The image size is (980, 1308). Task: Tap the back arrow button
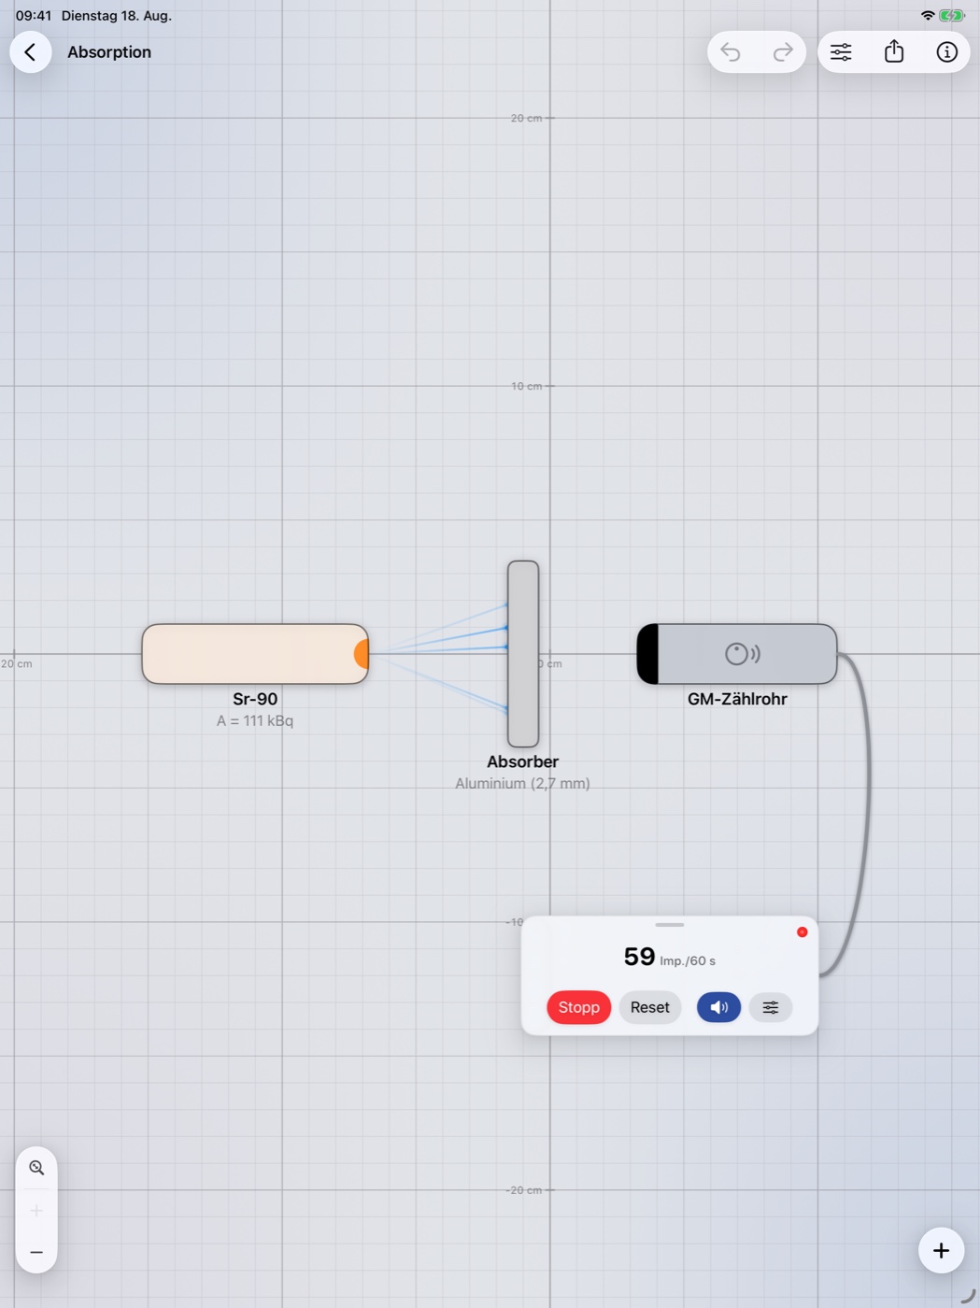[31, 52]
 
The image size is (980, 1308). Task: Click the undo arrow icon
[731, 52]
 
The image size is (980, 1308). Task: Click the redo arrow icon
[783, 52]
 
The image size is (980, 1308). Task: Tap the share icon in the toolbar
[894, 51]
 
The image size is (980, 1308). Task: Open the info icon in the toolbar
[946, 52]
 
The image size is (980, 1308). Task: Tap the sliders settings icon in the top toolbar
[841, 52]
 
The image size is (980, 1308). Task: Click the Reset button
[650, 1007]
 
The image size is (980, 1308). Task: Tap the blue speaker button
[718, 1007]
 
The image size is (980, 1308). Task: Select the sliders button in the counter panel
[771, 1007]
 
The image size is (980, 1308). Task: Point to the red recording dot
[802, 932]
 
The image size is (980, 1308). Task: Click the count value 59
[639, 957]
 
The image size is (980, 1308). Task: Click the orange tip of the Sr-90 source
[362, 654]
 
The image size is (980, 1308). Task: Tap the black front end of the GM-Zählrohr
[647, 654]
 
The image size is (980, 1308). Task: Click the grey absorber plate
[523, 654]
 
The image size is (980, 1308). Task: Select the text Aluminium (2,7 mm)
[522, 783]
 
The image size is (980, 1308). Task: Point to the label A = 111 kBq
[255, 720]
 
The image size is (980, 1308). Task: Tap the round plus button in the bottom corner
[942, 1250]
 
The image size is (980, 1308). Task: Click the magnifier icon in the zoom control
[36, 1167]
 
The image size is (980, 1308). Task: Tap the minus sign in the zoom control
[36, 1252]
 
